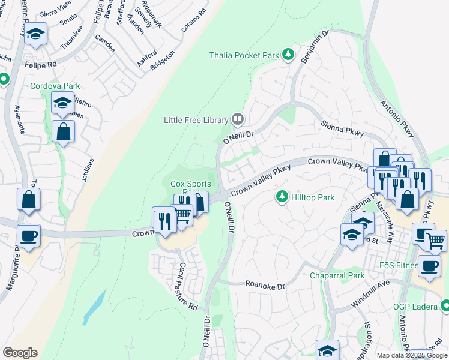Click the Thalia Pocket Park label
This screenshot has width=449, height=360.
click(x=244, y=55)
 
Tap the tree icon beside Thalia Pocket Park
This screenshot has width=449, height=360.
click(x=288, y=55)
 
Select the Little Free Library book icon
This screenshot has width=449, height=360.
click(x=238, y=119)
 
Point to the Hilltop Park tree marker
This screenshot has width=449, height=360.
click(x=281, y=197)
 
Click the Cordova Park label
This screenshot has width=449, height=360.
click(x=55, y=86)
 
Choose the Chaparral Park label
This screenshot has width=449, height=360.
click(x=337, y=276)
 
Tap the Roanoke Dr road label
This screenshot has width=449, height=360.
click(x=265, y=286)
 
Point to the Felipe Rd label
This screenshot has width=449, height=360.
click(x=40, y=62)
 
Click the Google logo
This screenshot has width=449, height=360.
click(x=20, y=353)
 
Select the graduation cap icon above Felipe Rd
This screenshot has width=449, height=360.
click(x=37, y=35)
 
